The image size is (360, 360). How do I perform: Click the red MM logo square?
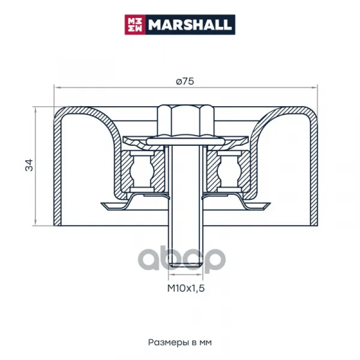(135, 25)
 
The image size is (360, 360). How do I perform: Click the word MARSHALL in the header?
(190, 25)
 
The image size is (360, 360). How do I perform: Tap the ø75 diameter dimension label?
(185, 81)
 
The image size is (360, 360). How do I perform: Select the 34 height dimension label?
(29, 165)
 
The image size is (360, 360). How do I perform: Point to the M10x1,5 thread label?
(186, 288)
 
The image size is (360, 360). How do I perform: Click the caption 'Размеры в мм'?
(180, 343)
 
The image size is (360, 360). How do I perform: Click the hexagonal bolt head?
(186, 121)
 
